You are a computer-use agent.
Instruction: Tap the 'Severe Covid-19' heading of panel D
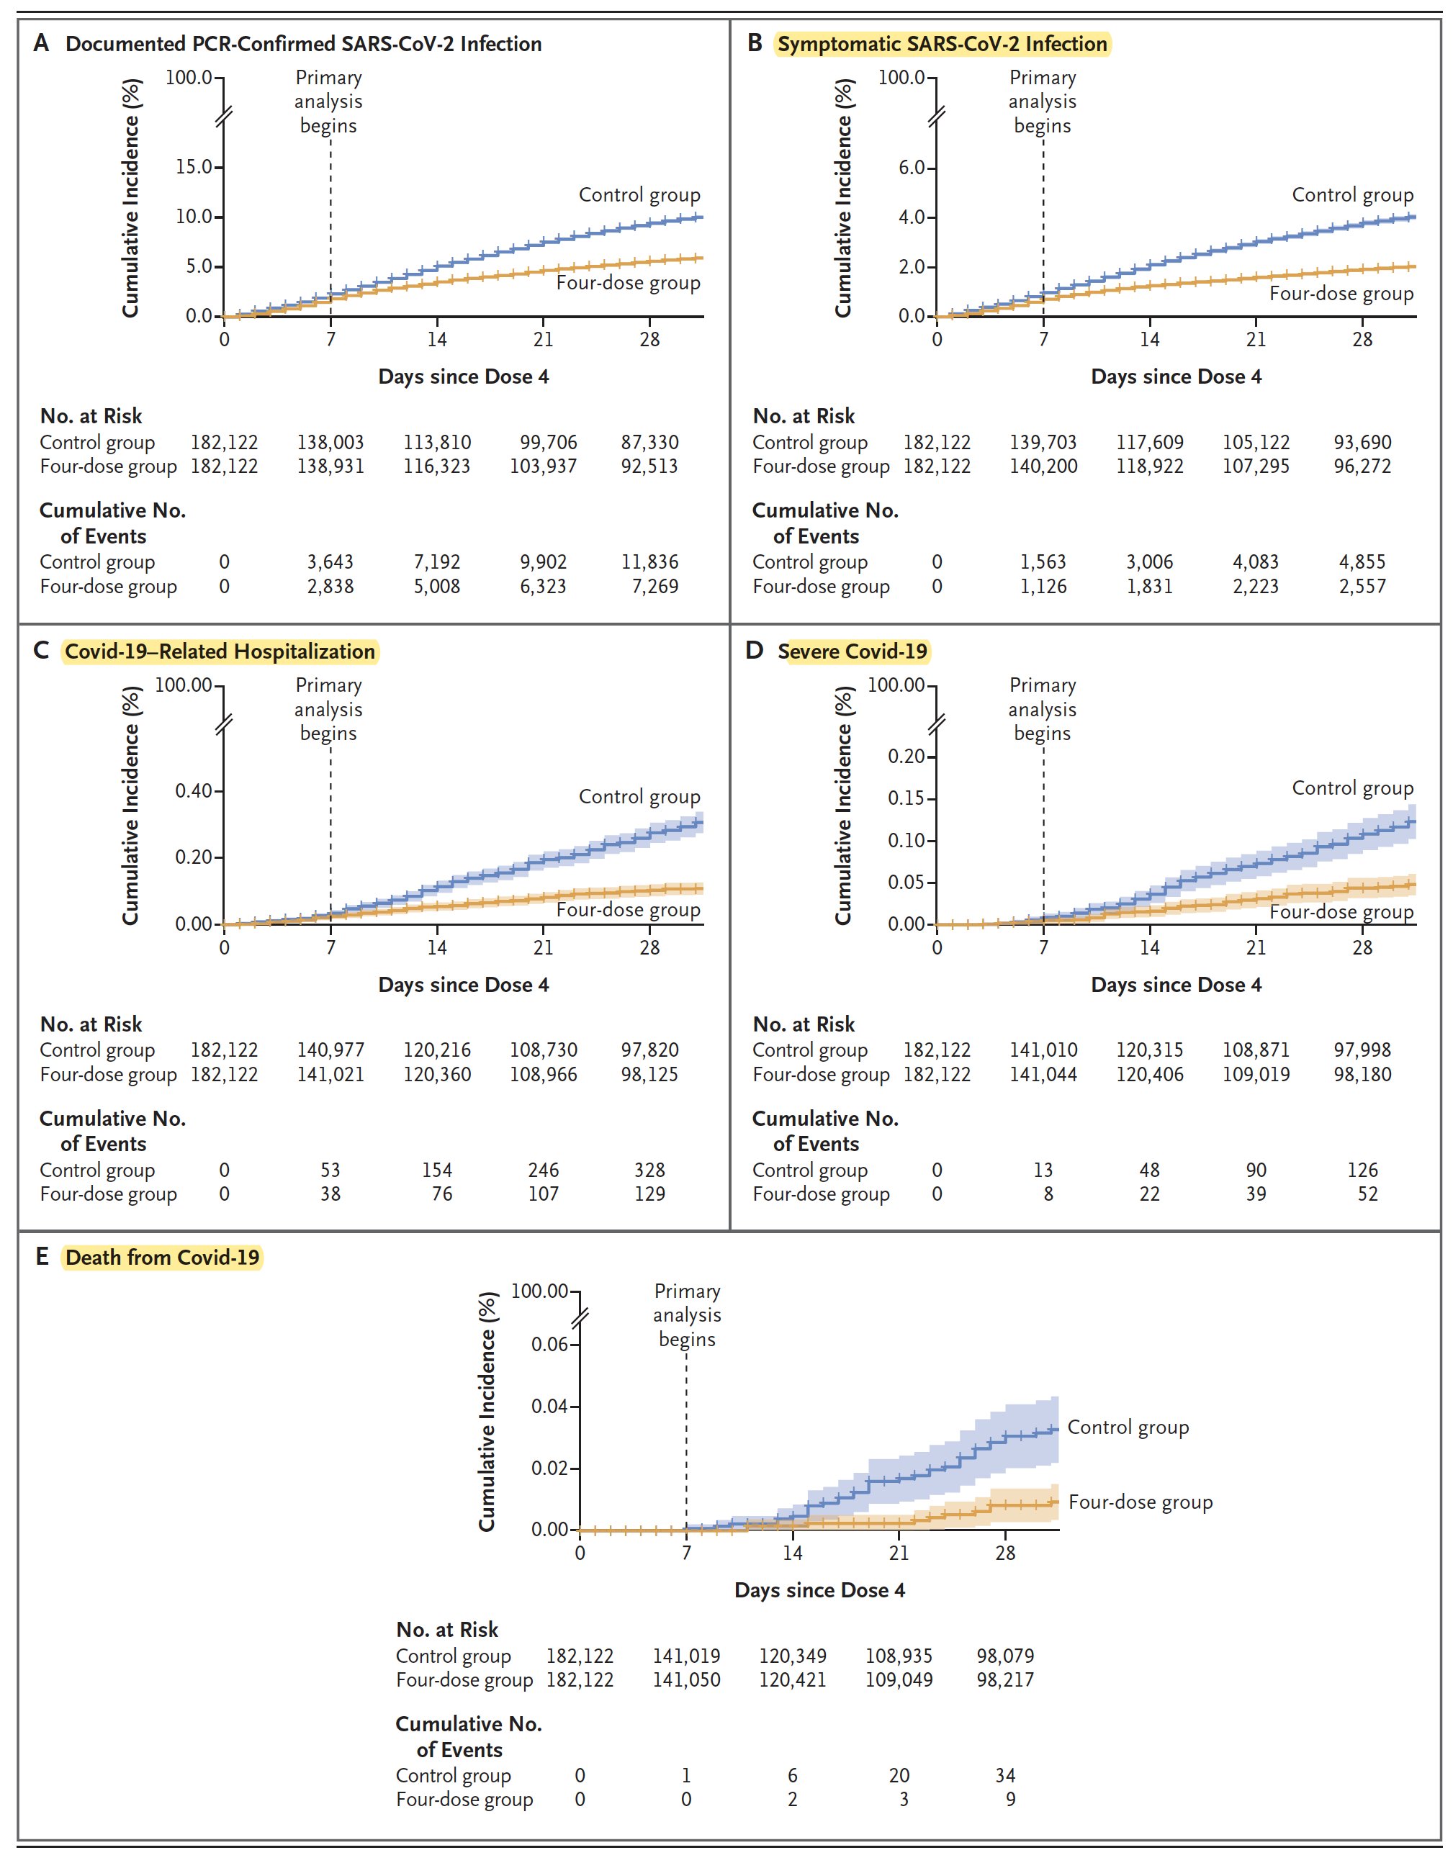[852, 651]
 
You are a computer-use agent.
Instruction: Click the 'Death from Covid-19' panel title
[162, 1258]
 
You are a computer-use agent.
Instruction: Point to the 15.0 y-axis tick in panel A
[194, 166]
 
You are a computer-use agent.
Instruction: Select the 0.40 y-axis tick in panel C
[194, 790]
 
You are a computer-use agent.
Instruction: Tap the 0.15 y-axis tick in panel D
[905, 798]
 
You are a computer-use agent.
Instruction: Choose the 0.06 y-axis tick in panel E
[549, 1345]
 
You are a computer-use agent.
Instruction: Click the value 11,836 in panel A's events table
[649, 562]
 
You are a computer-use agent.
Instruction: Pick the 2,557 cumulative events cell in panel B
[1362, 586]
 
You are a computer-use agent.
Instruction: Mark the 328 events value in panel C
[649, 1170]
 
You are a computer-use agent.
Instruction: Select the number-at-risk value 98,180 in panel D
[1362, 1074]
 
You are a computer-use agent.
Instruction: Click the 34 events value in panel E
[1005, 1775]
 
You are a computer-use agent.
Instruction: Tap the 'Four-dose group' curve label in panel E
[1140, 1526]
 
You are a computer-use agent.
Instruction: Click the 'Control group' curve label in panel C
[639, 797]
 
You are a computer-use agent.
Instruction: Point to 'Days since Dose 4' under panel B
[1176, 376]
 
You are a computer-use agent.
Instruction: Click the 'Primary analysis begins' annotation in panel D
[1042, 709]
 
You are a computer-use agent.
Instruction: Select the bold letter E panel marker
[42, 1258]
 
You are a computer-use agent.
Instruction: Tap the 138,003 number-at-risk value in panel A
[330, 443]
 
